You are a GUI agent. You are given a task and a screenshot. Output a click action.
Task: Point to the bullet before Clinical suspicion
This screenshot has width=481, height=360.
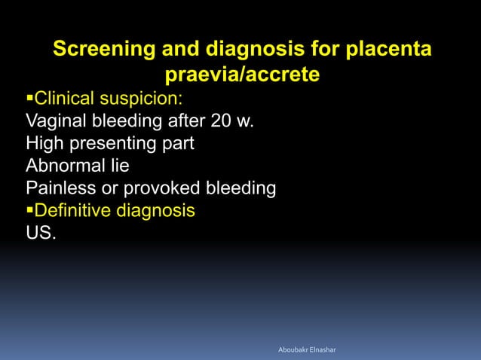(x=29, y=99)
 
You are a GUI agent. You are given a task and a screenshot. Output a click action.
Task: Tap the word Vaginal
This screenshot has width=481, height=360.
(x=55, y=121)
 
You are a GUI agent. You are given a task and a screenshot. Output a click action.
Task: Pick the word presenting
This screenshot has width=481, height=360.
(x=113, y=143)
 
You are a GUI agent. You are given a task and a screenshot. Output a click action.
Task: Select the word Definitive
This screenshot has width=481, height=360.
(x=72, y=210)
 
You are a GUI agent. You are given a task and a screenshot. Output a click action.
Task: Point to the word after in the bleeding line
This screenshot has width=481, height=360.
(x=181, y=121)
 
